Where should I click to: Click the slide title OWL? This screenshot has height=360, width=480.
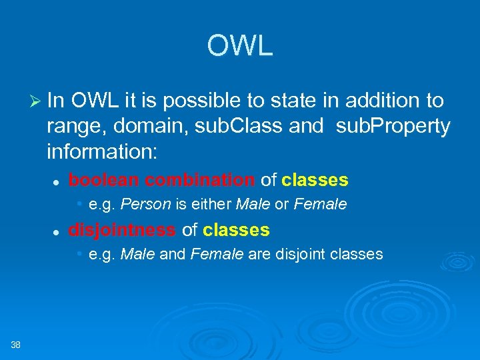point(240,46)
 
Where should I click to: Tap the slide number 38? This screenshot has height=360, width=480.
point(16,344)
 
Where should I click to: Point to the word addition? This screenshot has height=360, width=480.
point(378,101)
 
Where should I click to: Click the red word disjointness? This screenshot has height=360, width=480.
point(122,231)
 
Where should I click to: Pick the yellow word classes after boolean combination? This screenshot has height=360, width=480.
point(315,180)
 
